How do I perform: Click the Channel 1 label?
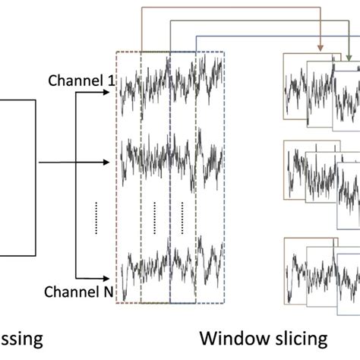[x=80, y=79]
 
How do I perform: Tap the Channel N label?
[x=79, y=291]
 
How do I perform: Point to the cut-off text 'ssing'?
[x=16, y=338]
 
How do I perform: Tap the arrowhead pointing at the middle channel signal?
[x=110, y=162]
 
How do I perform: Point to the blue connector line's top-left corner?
[x=197, y=36]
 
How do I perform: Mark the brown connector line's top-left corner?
[x=141, y=10]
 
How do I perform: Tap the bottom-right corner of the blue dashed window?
[x=224, y=303]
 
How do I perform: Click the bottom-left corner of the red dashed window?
[x=116, y=303]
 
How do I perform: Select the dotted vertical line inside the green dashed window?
[x=154, y=216]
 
